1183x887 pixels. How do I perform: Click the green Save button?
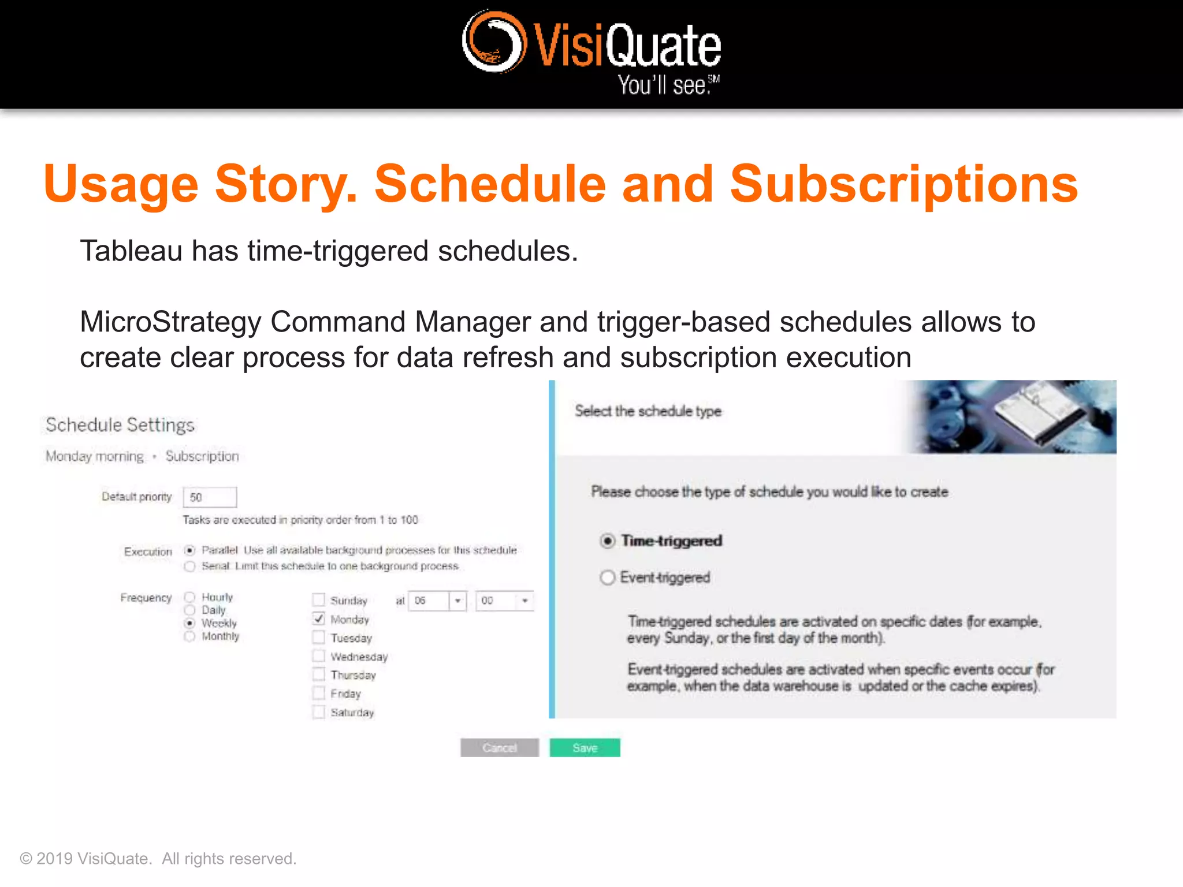coord(585,747)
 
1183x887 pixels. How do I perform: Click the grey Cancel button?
coord(499,747)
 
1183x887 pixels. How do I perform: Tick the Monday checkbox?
coord(319,618)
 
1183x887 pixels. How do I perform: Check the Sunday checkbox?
coord(319,600)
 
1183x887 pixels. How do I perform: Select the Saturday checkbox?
coord(319,711)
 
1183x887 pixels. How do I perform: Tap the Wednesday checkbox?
coord(319,656)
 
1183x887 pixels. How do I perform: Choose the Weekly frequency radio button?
coord(189,623)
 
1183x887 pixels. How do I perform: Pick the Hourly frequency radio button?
coord(189,597)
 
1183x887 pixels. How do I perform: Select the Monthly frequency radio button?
coord(189,636)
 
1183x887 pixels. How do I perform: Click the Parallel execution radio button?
coord(189,550)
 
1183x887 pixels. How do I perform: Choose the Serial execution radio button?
coord(189,566)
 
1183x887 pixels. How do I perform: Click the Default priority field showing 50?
coord(210,497)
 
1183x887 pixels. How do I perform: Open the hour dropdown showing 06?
coord(457,601)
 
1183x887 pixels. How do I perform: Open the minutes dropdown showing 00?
coord(524,601)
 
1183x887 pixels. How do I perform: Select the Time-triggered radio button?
coord(607,541)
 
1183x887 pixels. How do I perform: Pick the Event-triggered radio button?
coord(607,577)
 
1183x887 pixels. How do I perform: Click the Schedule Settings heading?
coord(120,425)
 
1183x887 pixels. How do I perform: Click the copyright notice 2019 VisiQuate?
coord(158,859)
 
